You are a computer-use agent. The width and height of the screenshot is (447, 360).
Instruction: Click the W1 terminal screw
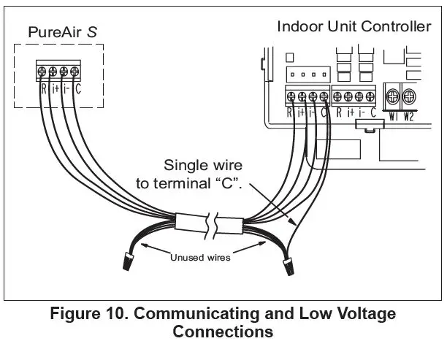[391, 96]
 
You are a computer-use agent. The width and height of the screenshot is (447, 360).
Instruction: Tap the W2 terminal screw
[408, 96]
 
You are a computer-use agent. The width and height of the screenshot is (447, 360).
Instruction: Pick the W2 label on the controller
[408, 115]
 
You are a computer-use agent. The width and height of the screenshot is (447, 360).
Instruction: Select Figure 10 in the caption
[85, 315]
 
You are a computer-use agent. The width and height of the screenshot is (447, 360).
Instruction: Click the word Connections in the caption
[223, 332]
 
